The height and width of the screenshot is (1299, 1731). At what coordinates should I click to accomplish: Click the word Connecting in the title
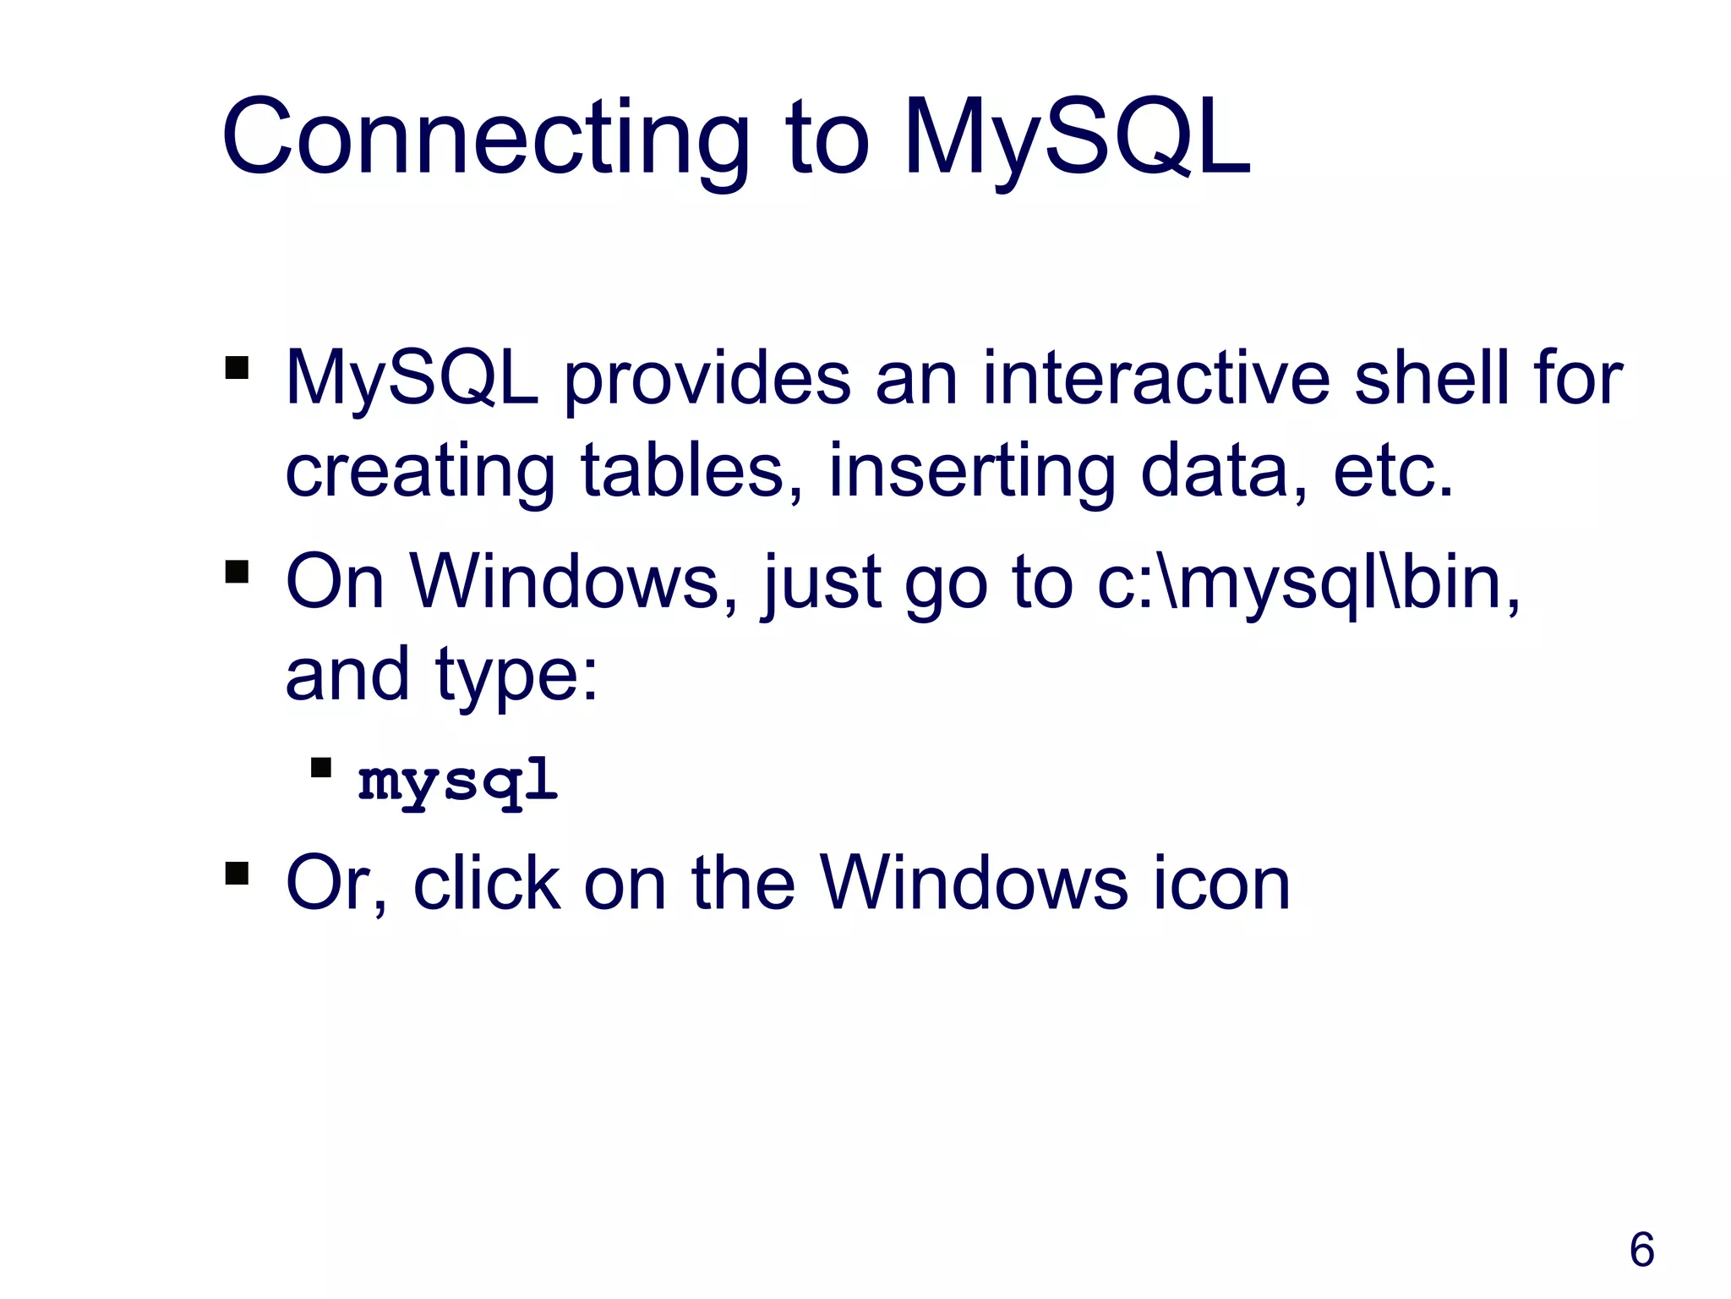tap(485, 140)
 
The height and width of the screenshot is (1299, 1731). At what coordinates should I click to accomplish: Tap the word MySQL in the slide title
tap(1076, 140)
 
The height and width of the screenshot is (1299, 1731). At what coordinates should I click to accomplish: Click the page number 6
tap(1641, 1250)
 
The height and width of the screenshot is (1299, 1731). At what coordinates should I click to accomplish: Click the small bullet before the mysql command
tap(321, 768)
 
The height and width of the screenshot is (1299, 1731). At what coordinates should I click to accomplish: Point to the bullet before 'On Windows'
tap(238, 573)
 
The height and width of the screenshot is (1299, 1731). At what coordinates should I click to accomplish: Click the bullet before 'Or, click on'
tap(238, 873)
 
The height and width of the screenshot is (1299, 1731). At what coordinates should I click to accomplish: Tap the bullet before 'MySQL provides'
tap(238, 368)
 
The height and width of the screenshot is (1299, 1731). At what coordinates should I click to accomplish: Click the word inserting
tap(972, 473)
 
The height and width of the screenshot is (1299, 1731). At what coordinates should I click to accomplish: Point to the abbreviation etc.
tap(1393, 471)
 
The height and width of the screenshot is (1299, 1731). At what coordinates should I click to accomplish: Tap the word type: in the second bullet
tap(517, 677)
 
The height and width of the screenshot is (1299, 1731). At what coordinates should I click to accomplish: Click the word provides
tap(707, 380)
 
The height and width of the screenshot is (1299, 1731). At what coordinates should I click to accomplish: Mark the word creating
tap(421, 473)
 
